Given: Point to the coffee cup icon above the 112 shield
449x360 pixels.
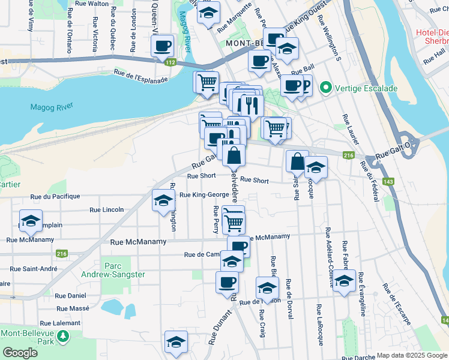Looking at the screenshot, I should [163, 46].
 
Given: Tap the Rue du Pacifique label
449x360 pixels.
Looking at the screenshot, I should [55, 196].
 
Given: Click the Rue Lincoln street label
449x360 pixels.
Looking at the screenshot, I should [106, 209].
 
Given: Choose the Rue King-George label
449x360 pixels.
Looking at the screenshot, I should [203, 194].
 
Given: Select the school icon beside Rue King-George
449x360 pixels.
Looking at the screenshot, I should [163, 202].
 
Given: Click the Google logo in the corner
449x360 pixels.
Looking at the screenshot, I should [20, 353].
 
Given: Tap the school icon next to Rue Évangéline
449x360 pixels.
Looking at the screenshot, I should [344, 281].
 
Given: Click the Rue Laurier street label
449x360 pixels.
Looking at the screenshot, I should [350, 129].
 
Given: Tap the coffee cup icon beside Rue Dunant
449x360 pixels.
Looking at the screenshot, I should [228, 282].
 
